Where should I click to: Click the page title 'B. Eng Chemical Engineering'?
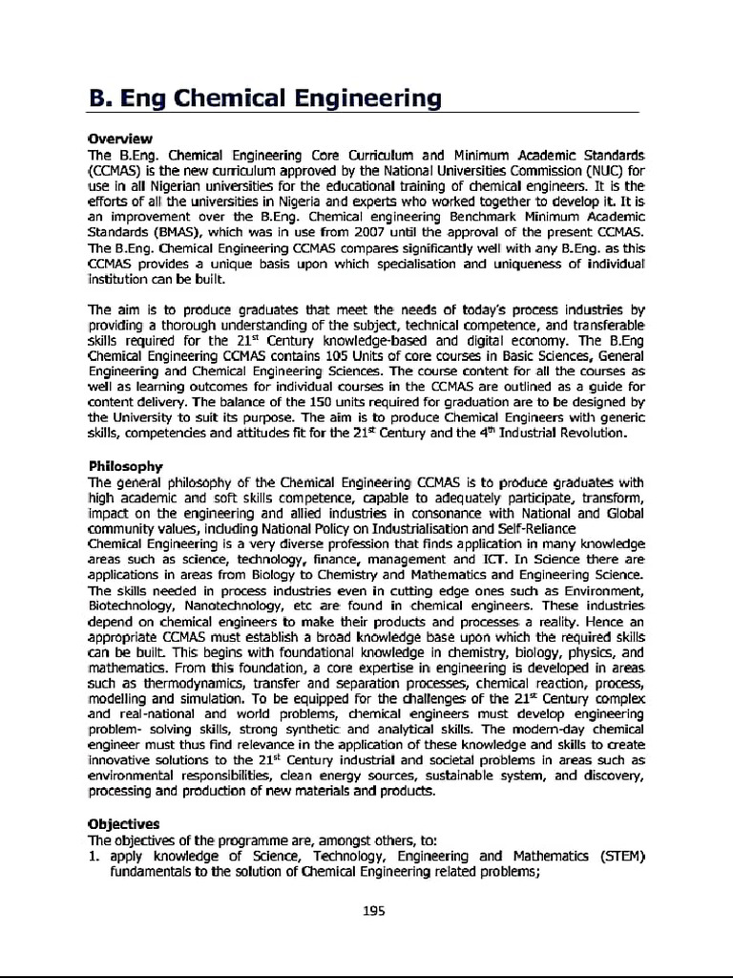click(264, 98)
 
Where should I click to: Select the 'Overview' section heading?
click(120, 138)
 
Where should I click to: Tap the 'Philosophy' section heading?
click(125, 466)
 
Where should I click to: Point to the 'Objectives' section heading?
click(124, 823)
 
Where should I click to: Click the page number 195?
click(373, 910)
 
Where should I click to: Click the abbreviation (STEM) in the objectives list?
click(622, 855)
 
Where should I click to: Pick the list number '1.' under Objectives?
click(94, 855)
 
